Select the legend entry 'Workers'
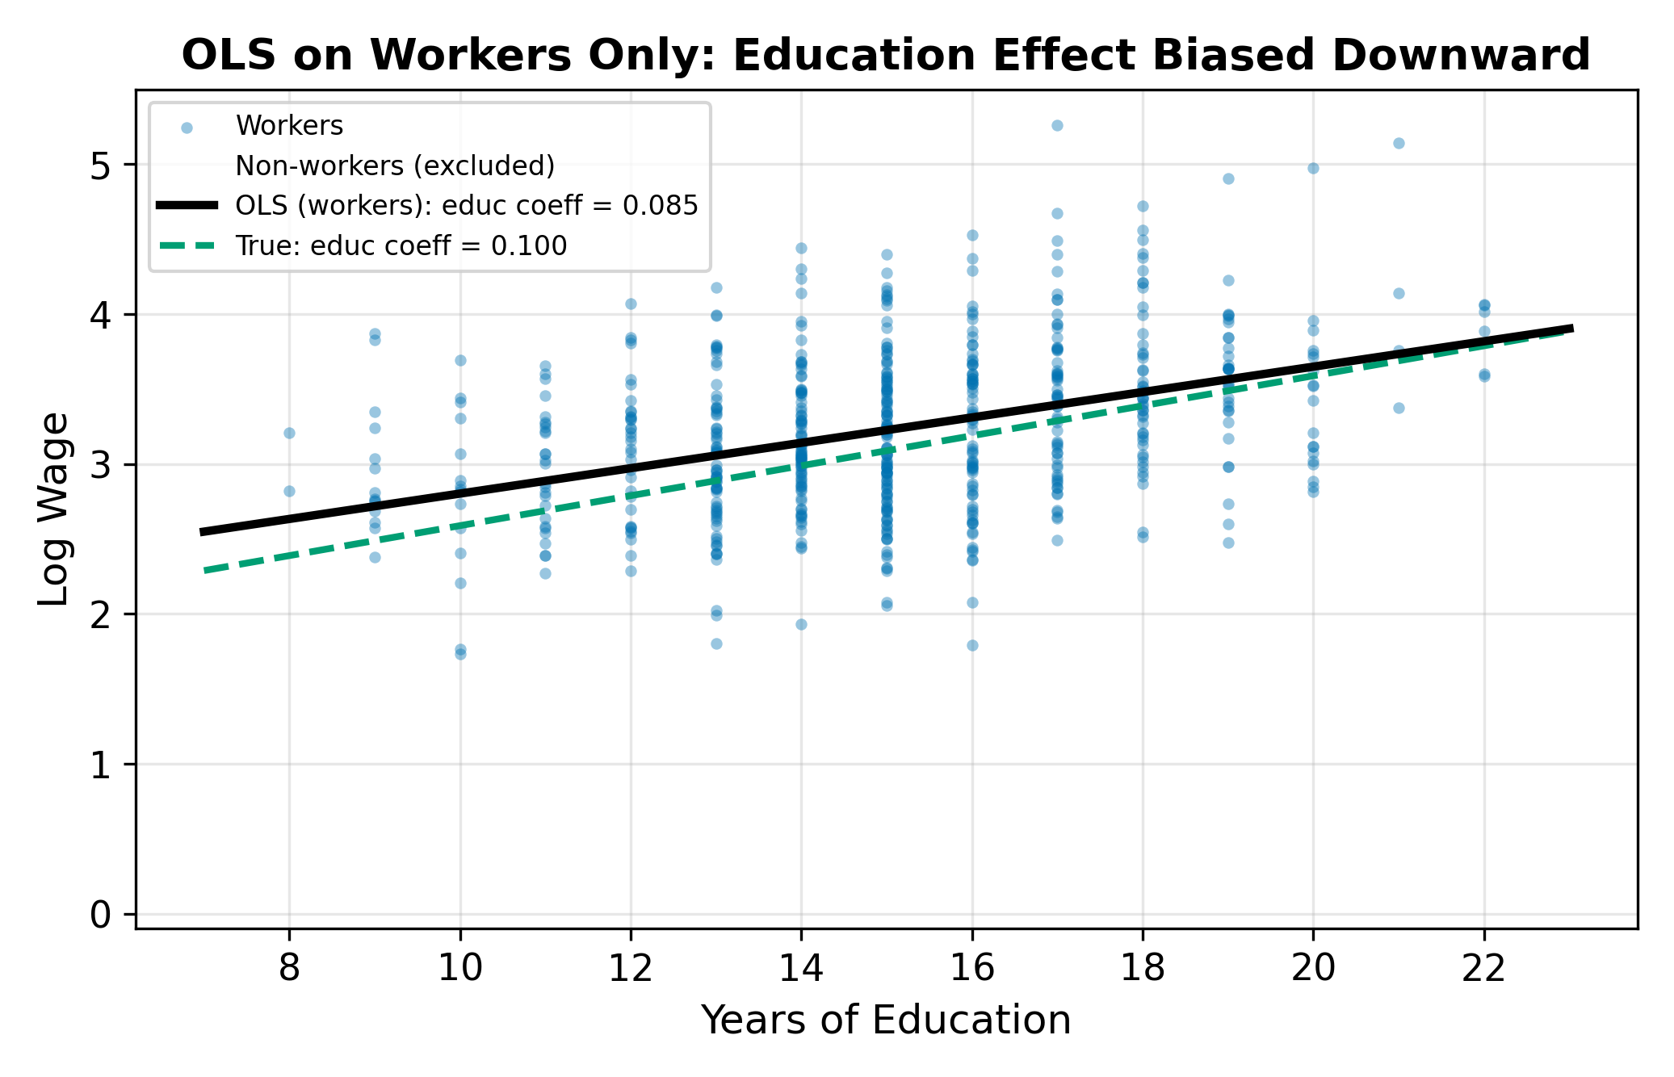[289, 126]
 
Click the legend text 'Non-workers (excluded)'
[395, 166]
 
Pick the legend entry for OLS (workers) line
[466, 206]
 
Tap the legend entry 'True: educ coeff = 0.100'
[401, 245]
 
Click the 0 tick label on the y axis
[101, 915]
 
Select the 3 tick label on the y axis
[101, 465]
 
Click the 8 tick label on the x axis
[289, 967]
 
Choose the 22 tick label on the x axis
[1483, 967]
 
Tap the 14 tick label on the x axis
[801, 967]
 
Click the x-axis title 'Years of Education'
[886, 1020]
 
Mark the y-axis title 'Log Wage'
[55, 509]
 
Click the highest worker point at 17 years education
[1057, 126]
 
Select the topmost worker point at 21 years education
[1399, 144]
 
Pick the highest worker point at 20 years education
[1313, 169]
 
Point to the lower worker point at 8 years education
[289, 491]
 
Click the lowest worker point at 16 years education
[972, 645]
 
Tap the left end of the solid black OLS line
[201, 532]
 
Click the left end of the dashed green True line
[205, 571]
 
